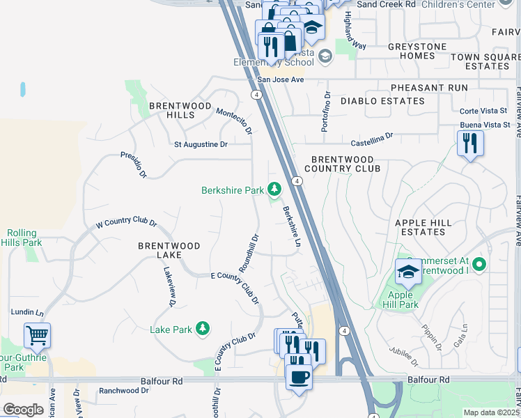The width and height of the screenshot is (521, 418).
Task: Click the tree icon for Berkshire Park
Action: click(x=275, y=189)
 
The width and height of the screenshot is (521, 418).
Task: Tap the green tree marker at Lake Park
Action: click(x=203, y=328)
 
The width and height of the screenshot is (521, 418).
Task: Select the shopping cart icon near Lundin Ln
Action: click(x=38, y=335)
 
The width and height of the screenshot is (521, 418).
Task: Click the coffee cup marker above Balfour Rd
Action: click(x=299, y=377)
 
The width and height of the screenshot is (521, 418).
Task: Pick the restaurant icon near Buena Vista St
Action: click(x=470, y=144)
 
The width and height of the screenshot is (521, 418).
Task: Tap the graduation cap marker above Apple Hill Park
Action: click(x=408, y=272)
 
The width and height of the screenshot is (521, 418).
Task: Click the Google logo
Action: click(x=23, y=409)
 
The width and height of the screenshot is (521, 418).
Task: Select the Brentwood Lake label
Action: click(x=169, y=250)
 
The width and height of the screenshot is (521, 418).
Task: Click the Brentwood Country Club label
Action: click(x=343, y=164)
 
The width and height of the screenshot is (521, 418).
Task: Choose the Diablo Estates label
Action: click(x=382, y=101)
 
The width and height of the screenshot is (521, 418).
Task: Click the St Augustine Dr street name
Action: click(x=201, y=144)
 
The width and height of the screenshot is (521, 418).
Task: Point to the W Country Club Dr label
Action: click(x=126, y=223)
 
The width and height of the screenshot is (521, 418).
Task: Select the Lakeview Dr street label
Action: click(x=170, y=289)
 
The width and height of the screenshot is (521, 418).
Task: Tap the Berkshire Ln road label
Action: click(x=291, y=226)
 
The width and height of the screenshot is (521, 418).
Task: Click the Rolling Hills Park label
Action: click(x=24, y=238)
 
